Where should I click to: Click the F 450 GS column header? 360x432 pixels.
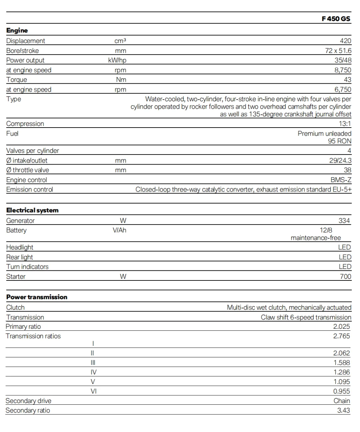click(x=336, y=19)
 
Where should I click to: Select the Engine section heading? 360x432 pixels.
click(x=17, y=30)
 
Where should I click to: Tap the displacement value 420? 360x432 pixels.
click(x=345, y=41)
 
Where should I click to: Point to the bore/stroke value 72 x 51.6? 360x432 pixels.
click(x=338, y=51)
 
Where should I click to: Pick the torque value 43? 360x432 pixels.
click(x=347, y=80)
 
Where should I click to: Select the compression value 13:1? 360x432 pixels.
click(x=345, y=124)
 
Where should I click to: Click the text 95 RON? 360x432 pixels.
click(x=339, y=141)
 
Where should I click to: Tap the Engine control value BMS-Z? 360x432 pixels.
click(x=341, y=180)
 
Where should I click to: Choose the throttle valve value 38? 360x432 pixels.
click(x=347, y=170)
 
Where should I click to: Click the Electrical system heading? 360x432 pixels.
click(x=32, y=210)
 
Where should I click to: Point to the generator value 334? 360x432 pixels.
click(x=344, y=220)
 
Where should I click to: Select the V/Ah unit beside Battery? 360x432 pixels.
click(x=119, y=230)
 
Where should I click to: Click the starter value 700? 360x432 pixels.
click(x=345, y=276)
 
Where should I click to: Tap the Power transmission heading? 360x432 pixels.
click(x=37, y=297)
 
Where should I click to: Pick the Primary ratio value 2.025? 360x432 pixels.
click(x=341, y=326)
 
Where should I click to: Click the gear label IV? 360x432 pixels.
click(x=94, y=372)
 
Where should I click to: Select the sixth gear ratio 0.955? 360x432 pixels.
click(x=341, y=391)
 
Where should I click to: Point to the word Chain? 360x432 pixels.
click(x=342, y=401)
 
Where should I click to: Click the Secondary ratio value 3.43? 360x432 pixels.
click(x=343, y=410)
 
